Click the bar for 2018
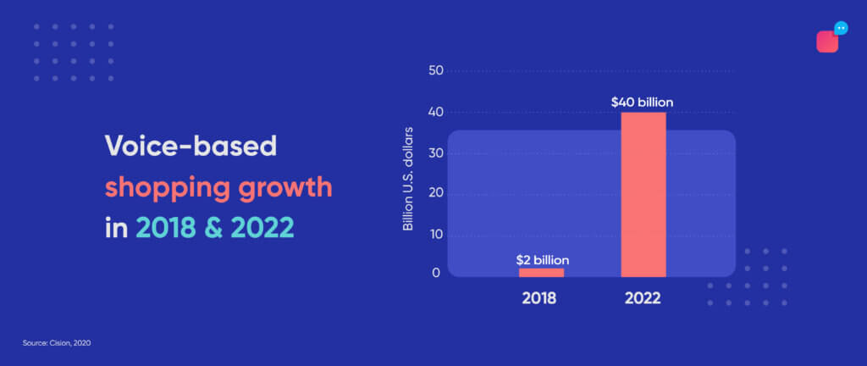tap(541, 273)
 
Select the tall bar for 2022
tap(643, 195)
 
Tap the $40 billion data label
tap(642, 103)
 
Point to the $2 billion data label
tap(543, 259)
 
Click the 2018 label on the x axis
tap(539, 298)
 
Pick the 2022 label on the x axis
tap(643, 298)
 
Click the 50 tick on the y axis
tap(435, 71)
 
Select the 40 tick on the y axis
tap(435, 112)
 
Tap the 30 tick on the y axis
tap(435, 153)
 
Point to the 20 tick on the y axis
tap(435, 194)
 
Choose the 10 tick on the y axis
tap(435, 236)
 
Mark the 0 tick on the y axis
tap(436, 273)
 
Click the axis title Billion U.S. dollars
tap(408, 179)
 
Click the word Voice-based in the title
tap(191, 147)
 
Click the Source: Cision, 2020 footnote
tap(57, 343)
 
